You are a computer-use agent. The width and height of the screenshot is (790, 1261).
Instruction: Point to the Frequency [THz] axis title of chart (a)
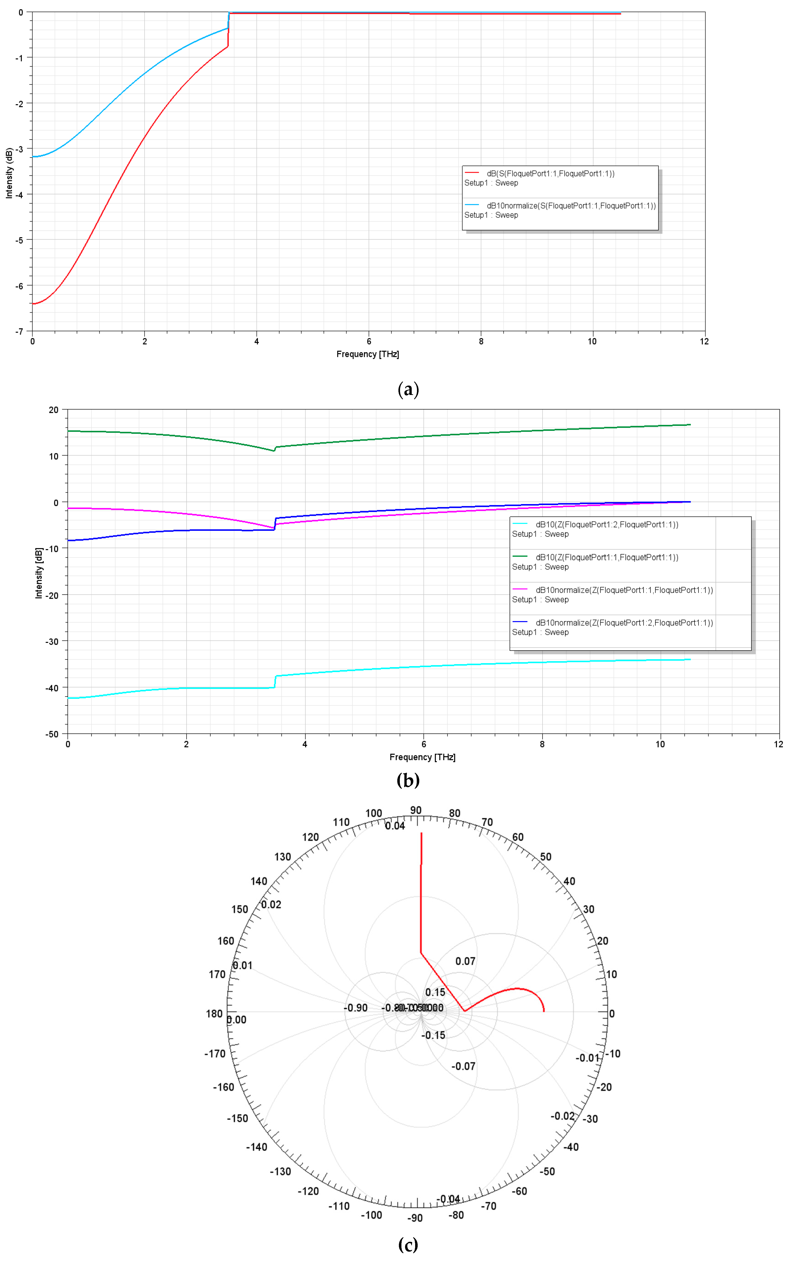(367, 354)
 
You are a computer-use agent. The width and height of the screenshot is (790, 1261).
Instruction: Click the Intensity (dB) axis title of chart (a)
(9, 173)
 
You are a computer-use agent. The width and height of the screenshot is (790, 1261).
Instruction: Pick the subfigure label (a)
(408, 389)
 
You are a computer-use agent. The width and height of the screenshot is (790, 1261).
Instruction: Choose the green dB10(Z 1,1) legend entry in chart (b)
(607, 557)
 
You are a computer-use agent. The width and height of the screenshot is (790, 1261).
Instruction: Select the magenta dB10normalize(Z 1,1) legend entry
(624, 590)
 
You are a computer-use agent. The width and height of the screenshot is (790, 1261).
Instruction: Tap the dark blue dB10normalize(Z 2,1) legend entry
(624, 622)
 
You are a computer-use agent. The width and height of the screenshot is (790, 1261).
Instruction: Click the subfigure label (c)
(408, 1245)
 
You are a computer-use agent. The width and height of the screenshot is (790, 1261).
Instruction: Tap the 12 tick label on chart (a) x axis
(704, 341)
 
